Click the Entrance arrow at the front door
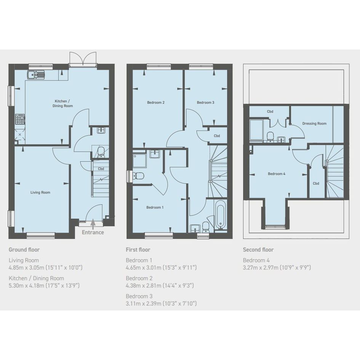[93, 224]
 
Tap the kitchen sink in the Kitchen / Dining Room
[36, 75]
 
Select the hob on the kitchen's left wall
[20, 119]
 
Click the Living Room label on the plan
[40, 192]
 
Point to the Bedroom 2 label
[156, 102]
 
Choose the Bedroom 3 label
[205, 102]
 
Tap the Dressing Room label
[314, 123]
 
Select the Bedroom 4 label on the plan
[277, 174]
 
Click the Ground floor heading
[24, 250]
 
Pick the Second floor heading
[258, 250]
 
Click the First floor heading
[138, 250]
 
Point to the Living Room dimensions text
[45, 267]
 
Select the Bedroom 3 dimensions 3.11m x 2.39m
[161, 304]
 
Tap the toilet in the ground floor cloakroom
[101, 152]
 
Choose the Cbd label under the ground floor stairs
[101, 169]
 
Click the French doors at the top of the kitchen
[83, 59]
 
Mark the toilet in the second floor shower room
[271, 137]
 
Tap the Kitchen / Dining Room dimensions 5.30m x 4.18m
[44, 285]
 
